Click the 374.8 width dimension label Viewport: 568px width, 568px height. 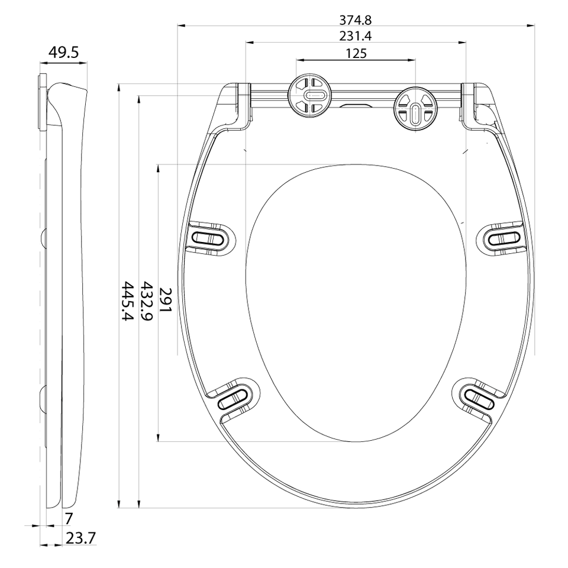(356, 20)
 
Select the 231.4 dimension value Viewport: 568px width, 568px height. (356, 37)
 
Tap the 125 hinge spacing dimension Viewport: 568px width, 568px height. (356, 54)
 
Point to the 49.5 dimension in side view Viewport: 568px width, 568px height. (63, 53)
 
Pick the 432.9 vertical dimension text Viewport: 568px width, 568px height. (146, 301)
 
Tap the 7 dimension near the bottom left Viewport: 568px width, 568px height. (69, 519)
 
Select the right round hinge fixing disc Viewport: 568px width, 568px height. (414, 109)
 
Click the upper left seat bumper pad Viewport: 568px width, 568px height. (210, 238)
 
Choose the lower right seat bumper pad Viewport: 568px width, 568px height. (477, 398)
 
